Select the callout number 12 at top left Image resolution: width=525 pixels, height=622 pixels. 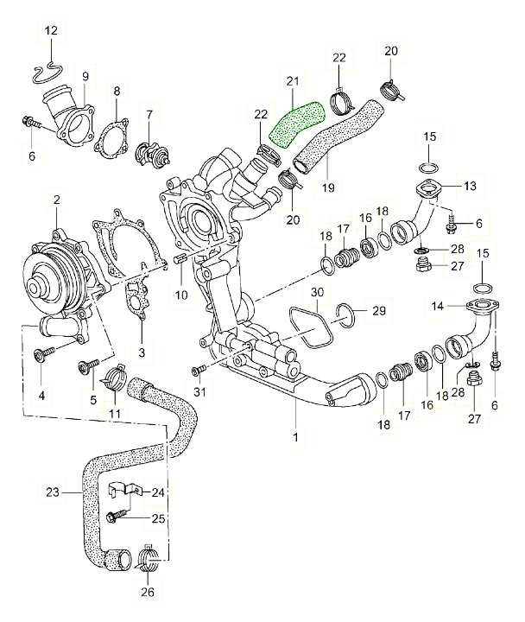coord(51,32)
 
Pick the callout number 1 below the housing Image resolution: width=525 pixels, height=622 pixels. coord(295,439)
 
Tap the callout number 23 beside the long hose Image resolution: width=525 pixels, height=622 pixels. coord(51,492)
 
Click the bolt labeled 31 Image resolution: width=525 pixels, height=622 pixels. coord(199,371)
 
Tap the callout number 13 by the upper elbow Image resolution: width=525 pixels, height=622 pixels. coord(471,186)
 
